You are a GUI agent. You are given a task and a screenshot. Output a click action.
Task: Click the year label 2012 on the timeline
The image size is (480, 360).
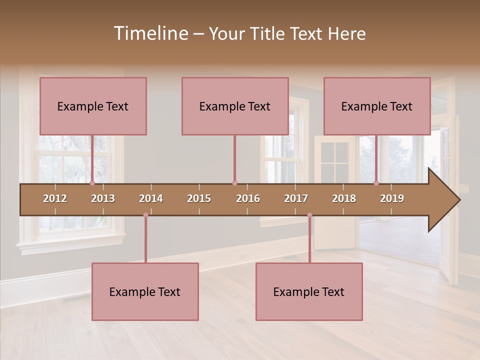tap(55, 198)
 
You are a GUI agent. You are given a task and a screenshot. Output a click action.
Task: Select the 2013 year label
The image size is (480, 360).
tap(103, 198)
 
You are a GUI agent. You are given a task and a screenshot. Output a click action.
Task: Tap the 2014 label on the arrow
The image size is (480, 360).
tap(151, 198)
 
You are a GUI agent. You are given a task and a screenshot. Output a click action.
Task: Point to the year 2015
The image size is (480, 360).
tap(199, 198)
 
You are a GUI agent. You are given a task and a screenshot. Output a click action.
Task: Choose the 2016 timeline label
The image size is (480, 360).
tap(248, 198)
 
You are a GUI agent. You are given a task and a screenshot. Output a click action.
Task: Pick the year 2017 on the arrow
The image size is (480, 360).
tap(296, 198)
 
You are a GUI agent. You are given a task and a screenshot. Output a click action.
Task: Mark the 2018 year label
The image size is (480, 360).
tap(344, 198)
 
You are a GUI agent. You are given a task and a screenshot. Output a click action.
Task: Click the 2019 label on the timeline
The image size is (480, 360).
tap(392, 198)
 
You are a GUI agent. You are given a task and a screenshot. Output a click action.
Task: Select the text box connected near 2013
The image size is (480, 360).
tap(93, 106)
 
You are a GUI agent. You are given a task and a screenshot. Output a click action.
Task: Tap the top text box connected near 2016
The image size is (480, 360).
tap(235, 106)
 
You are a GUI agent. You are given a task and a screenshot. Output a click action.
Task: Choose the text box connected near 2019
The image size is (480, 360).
tap(377, 106)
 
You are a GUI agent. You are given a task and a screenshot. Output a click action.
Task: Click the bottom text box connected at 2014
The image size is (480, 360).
tap(145, 291)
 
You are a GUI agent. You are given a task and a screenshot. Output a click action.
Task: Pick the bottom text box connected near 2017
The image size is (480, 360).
tap(309, 291)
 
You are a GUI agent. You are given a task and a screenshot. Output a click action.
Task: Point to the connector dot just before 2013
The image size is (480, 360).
tap(92, 183)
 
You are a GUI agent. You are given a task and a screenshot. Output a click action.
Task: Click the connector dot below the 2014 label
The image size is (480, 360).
tap(145, 215)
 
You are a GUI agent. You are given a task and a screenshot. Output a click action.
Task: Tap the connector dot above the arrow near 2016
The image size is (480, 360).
tap(234, 183)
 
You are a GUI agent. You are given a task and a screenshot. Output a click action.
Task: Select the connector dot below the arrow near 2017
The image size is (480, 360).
tap(309, 215)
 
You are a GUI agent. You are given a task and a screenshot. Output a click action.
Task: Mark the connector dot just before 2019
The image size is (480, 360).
tap(376, 183)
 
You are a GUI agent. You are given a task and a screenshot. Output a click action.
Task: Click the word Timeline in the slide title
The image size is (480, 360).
tap(150, 33)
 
